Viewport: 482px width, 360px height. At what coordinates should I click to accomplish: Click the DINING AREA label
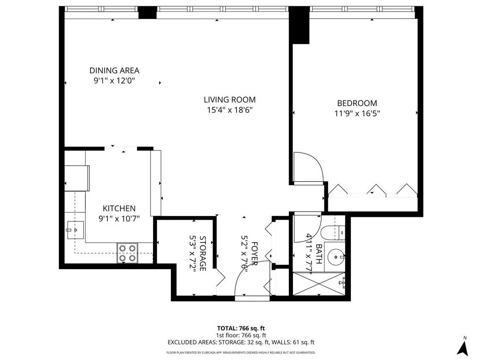coord(114,71)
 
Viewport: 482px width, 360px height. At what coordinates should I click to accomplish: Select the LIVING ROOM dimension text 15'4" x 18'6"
coord(229,110)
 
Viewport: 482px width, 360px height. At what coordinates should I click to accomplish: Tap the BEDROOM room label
coord(357,103)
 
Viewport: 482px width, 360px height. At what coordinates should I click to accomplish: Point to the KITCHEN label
coord(119,208)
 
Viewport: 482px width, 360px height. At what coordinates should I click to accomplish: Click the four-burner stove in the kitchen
coord(127,253)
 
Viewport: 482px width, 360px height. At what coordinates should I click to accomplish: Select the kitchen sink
coord(75,230)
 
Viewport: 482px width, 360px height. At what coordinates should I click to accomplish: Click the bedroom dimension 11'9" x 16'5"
coord(357,114)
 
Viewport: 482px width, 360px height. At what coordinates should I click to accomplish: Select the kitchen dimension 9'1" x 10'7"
coord(119,219)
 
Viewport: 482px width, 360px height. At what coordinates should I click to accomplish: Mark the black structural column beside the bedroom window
coord(299,25)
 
